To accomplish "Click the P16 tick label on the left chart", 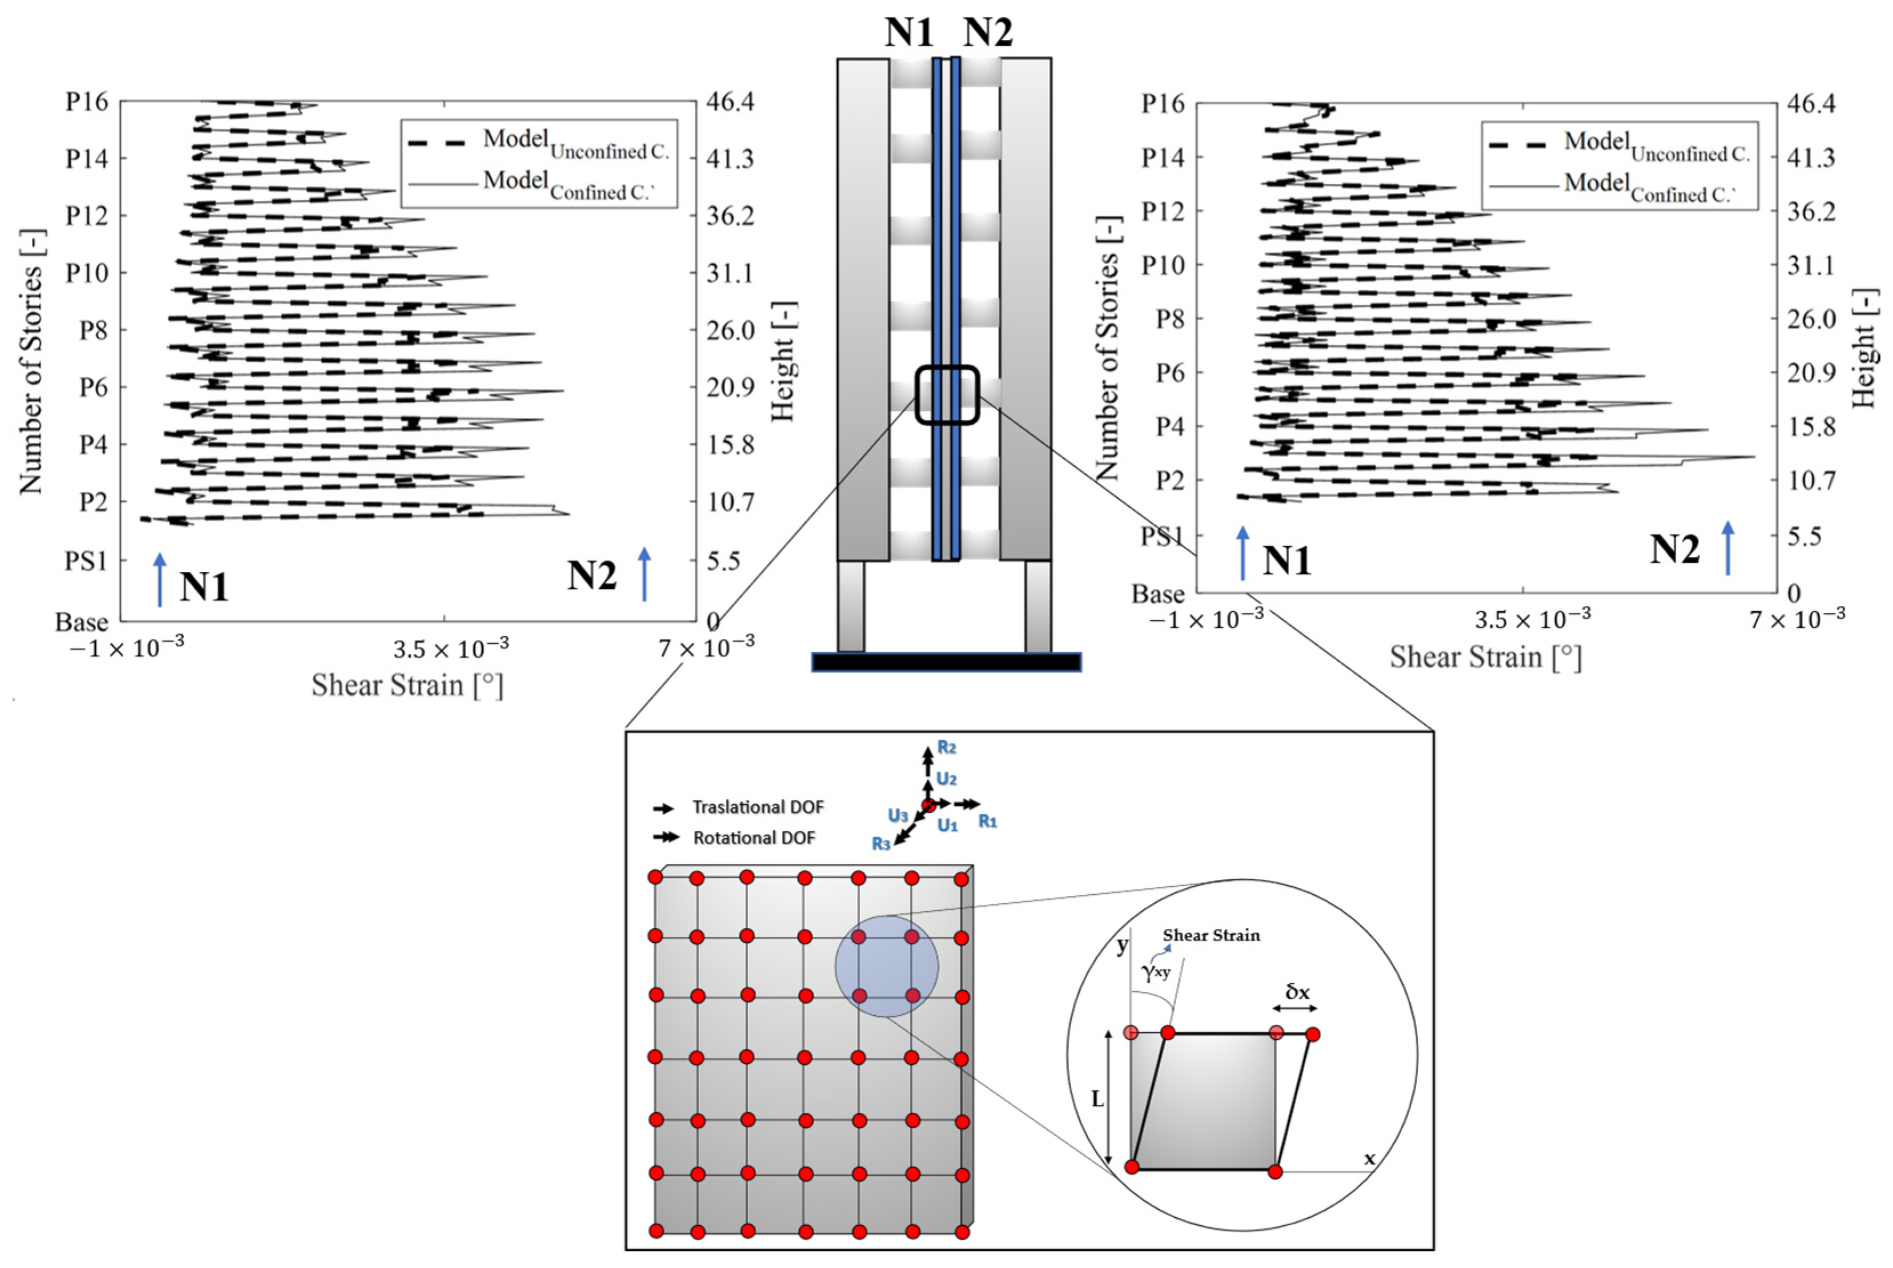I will pyautogui.click(x=87, y=102).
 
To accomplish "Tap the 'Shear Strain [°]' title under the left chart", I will pyautogui.click(x=407, y=686).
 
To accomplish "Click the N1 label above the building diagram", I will pyautogui.click(x=909, y=33).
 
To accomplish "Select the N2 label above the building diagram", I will pyautogui.click(x=987, y=33).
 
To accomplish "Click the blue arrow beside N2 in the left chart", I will pyautogui.click(x=644, y=574).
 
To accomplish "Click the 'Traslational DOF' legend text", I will pyautogui.click(x=758, y=807).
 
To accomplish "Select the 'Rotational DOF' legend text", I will pyautogui.click(x=754, y=838).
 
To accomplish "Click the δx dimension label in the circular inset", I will pyautogui.click(x=1297, y=991).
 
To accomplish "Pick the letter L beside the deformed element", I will pyautogui.click(x=1097, y=1100).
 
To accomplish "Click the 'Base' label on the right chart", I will pyautogui.click(x=1157, y=595).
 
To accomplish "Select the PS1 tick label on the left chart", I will pyautogui.click(x=85, y=560).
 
